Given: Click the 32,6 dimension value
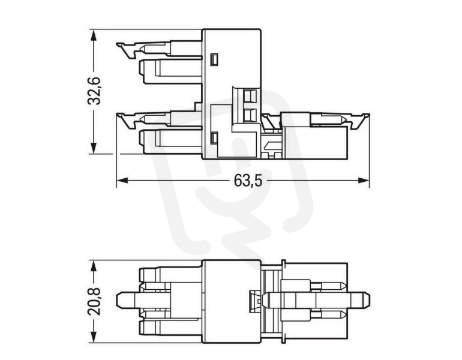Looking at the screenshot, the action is point(94,91).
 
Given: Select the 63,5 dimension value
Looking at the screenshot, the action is point(248,180).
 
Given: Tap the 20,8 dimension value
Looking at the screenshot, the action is point(94,301).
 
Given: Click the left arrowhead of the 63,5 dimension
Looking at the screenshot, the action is point(122,180).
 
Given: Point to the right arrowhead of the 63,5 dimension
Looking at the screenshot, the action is point(363,180).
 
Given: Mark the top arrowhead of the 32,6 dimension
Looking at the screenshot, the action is point(94,35).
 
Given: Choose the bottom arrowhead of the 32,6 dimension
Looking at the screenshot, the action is point(94,148).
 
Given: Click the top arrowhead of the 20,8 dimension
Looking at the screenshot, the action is point(94,266).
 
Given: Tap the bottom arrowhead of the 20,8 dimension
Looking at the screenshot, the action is point(94,337).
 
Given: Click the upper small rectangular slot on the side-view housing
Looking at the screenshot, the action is point(214,59).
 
